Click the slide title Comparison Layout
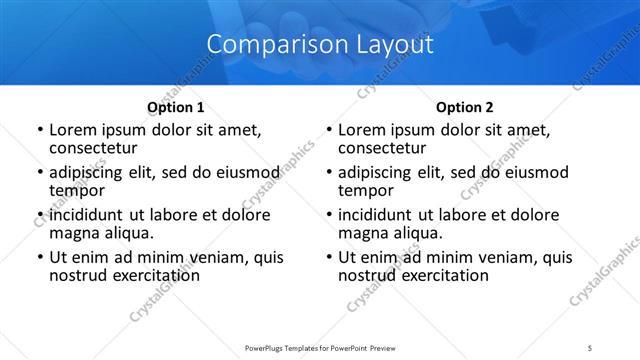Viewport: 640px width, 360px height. point(320,45)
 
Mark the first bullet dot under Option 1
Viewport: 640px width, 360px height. point(40,130)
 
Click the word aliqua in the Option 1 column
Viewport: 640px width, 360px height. point(128,232)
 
